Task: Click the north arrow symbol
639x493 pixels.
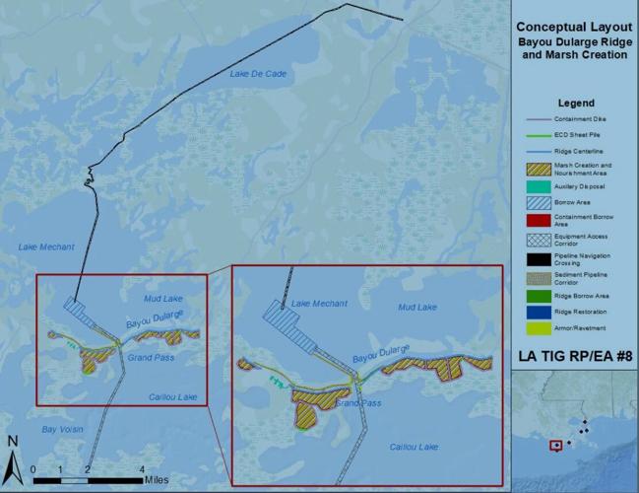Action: [13, 455]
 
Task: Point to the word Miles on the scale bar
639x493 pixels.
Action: [162, 480]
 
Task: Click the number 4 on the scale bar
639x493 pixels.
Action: [145, 468]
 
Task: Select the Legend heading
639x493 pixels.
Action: [574, 102]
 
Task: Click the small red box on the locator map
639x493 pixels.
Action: [556, 445]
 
